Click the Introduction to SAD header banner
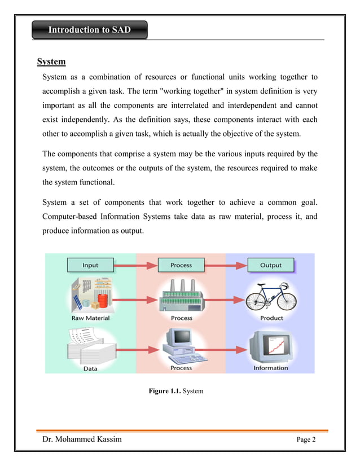click(x=89, y=30)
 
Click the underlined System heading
click(x=51, y=61)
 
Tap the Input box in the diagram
click(x=90, y=265)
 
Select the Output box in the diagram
click(x=270, y=265)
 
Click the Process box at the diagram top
click(x=181, y=265)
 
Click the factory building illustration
click(x=181, y=295)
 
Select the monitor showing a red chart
click(x=270, y=344)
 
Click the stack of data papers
click(x=88, y=345)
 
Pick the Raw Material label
click(x=90, y=318)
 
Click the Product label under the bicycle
click(x=271, y=318)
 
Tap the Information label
click(x=271, y=368)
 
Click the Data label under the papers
click(x=90, y=368)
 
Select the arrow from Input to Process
click(x=134, y=265)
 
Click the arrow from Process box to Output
click(x=225, y=265)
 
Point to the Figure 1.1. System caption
click(x=175, y=390)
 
